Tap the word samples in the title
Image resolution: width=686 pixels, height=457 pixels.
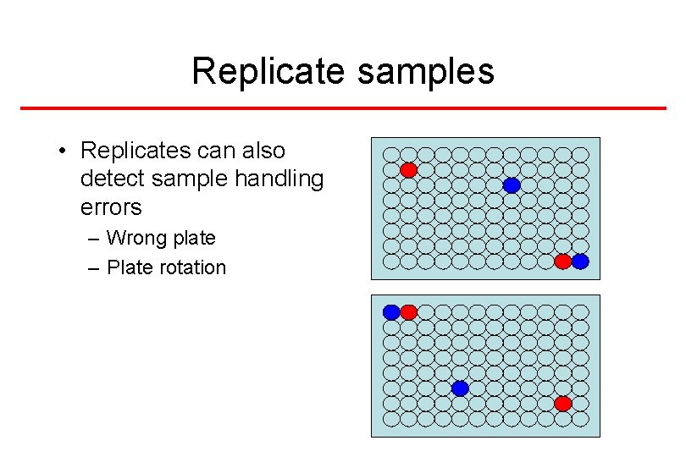click(x=426, y=72)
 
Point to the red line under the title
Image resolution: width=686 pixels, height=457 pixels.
click(x=343, y=108)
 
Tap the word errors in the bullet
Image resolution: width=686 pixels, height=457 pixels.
click(x=110, y=206)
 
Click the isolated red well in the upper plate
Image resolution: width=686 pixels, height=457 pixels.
click(x=408, y=170)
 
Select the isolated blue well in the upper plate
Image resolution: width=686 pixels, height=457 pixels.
click(x=512, y=185)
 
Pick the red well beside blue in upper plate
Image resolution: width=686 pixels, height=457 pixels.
click(x=562, y=262)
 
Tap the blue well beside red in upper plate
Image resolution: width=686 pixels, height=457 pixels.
click(x=580, y=262)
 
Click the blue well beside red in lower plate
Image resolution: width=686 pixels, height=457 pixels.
click(x=391, y=312)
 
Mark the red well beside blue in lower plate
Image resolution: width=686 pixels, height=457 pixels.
click(x=408, y=312)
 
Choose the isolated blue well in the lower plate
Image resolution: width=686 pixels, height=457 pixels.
click(x=460, y=388)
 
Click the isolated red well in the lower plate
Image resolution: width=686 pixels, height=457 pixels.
click(x=562, y=404)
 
